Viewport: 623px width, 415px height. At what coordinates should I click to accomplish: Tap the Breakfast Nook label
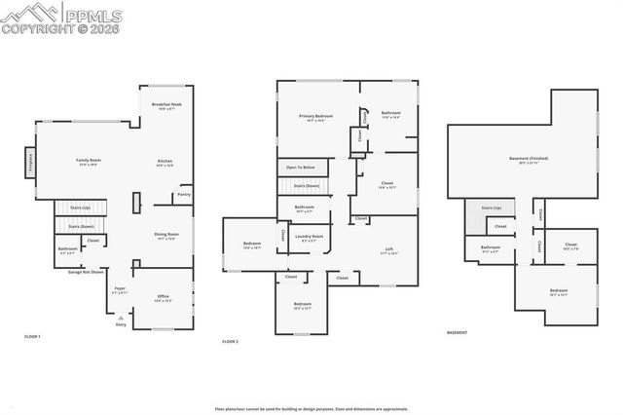[x=166, y=104]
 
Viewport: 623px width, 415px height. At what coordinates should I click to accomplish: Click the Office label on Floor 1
[x=163, y=296]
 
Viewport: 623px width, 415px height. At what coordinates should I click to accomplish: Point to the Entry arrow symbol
[x=121, y=318]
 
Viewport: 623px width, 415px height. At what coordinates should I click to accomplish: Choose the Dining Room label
[x=166, y=234]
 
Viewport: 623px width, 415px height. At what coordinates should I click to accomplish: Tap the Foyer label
[x=120, y=288]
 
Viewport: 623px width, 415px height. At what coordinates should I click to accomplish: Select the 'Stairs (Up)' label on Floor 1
[x=81, y=207]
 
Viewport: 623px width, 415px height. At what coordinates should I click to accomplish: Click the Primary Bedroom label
[x=316, y=116]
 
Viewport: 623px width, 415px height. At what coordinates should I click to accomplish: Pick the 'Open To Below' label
[x=299, y=168]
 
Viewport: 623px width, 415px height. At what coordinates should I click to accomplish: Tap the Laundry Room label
[x=310, y=236]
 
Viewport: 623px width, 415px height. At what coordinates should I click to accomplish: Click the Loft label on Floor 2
[x=389, y=249]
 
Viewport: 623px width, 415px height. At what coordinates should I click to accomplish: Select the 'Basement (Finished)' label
[x=529, y=158]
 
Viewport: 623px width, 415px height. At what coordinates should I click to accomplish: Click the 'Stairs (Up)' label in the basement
[x=490, y=207]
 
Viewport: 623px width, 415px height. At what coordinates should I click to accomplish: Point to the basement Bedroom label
[x=559, y=290]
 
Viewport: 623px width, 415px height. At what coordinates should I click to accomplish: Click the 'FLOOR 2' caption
[x=230, y=342]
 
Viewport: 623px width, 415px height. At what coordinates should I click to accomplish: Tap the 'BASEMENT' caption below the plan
[x=458, y=333]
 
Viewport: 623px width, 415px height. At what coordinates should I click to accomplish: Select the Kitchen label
[x=165, y=161]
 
